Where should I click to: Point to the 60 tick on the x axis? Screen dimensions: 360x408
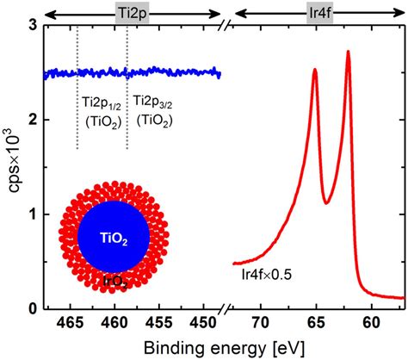tap(370, 322)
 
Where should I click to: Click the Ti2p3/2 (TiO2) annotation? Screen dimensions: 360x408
tap(151, 113)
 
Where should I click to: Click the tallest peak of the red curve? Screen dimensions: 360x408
tap(348, 52)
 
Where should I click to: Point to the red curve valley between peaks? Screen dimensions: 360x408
tap(327, 202)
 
